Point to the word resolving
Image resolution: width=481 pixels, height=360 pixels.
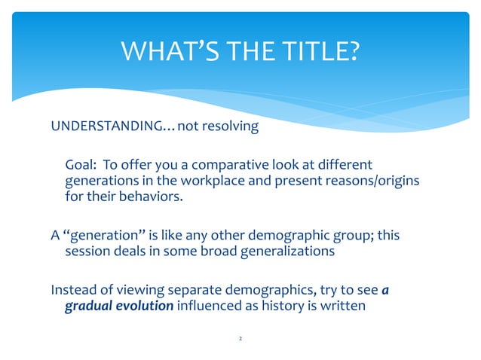tap(231, 126)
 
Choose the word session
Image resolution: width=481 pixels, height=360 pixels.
tap(79, 252)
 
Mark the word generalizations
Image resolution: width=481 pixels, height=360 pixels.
tap(283, 252)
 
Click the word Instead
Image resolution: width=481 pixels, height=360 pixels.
tap(72, 289)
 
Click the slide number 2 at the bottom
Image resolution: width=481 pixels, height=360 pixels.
tap(240, 340)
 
